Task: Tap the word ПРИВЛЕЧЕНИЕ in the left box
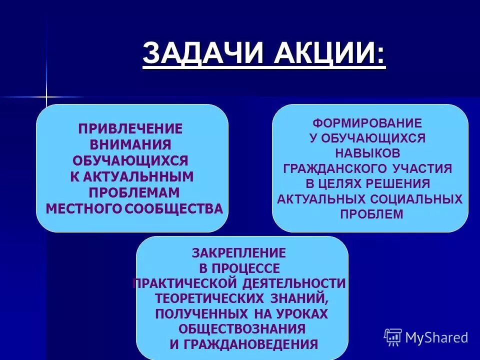coord(130,128)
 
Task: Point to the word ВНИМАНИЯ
coord(130,144)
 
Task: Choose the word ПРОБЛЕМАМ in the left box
coord(134,192)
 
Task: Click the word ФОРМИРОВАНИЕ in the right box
coord(367,123)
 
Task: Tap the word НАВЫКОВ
coord(367,153)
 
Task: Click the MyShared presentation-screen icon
coord(393,337)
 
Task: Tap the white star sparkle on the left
coord(46,96)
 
